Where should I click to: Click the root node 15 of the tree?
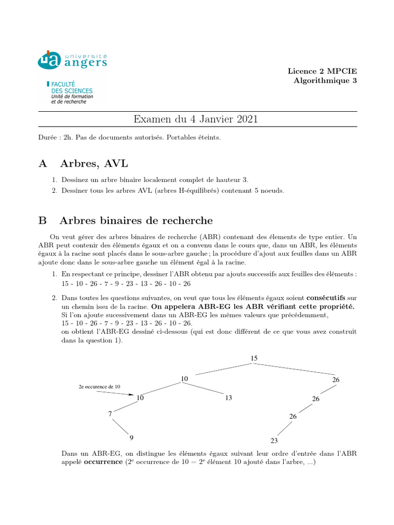[x=254, y=358]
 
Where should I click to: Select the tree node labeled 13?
[x=229, y=397]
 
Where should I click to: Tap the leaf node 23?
[x=274, y=440]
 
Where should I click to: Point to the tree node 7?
[x=110, y=414]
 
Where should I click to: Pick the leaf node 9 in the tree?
[x=131, y=437]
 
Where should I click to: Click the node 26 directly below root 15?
[x=336, y=380]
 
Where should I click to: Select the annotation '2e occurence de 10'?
[x=100, y=386]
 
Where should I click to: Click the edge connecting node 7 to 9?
[x=121, y=426]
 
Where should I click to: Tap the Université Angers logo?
[x=72, y=60]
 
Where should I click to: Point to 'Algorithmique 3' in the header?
[x=325, y=80]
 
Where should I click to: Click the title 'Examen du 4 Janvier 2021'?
[x=195, y=119]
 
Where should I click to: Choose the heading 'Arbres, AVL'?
[x=94, y=164]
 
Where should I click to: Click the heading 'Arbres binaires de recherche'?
[x=136, y=220]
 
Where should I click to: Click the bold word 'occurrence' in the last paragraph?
[x=102, y=462]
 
